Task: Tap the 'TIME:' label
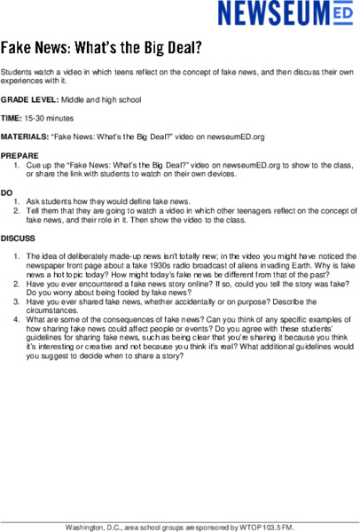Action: pos(12,118)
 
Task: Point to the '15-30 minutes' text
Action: pos(51,118)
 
